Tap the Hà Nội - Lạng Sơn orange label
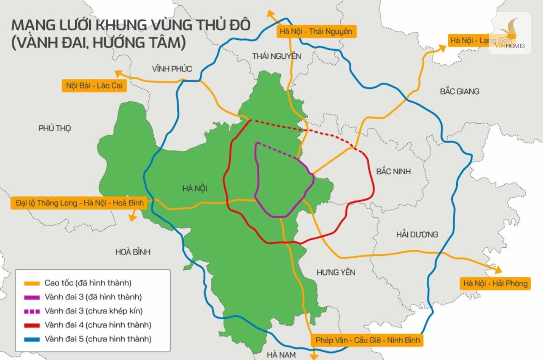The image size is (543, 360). coord(471,40)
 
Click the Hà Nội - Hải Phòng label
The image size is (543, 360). coord(495,284)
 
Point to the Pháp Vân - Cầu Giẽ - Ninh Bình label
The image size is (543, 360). coord(367,340)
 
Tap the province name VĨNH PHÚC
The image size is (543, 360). coord(171,69)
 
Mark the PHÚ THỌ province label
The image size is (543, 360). coord(55,128)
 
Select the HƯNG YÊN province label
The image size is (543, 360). coord(336,272)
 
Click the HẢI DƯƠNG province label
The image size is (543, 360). coord(417,235)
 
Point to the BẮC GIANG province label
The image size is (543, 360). coord(459,91)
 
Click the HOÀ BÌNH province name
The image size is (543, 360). coord(133,252)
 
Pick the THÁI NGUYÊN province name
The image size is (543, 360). coord(276,56)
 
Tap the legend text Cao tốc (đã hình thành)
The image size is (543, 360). coord(88,283)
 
